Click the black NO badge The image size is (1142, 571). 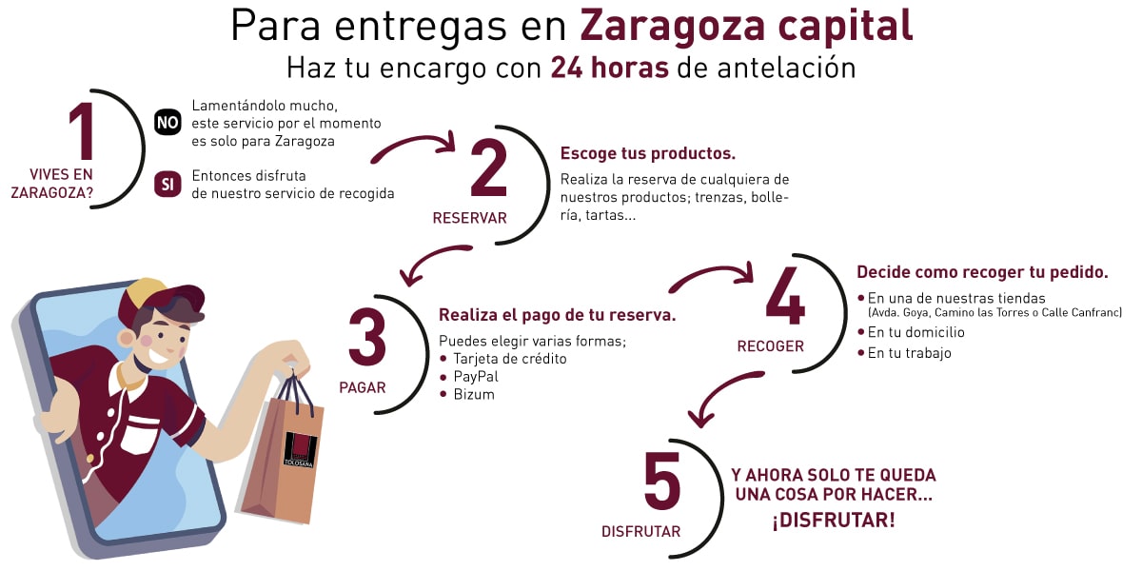pyautogui.click(x=167, y=123)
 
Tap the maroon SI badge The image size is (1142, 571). pyautogui.click(x=167, y=184)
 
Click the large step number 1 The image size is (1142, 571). pyautogui.click(x=82, y=130)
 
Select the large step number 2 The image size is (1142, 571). pyautogui.click(x=489, y=167)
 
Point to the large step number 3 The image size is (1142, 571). pyautogui.click(x=367, y=337)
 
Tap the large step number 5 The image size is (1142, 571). pyautogui.click(x=661, y=481)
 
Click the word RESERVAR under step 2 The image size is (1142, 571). pyautogui.click(x=469, y=218)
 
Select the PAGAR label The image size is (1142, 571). pyautogui.click(x=363, y=388)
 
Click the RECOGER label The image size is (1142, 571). pyautogui.click(x=770, y=346)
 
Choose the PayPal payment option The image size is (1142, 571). pyautogui.click(x=476, y=377)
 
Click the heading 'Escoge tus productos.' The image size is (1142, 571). pyautogui.click(x=647, y=153)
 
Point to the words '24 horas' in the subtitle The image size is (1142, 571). pyautogui.click(x=610, y=68)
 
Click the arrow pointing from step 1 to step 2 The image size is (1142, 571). pyautogui.click(x=414, y=144)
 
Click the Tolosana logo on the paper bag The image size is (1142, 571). pyautogui.click(x=300, y=449)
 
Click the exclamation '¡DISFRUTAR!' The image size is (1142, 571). pyautogui.click(x=834, y=521)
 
